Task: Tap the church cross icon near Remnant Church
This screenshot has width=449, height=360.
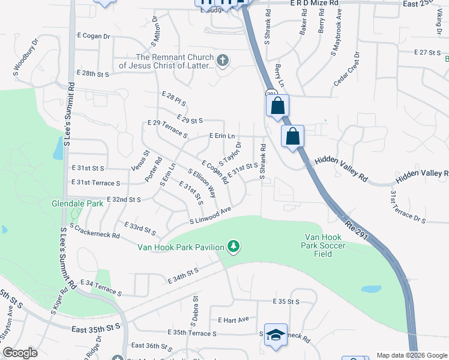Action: coord(223,60)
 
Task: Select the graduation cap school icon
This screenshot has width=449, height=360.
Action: coord(276,335)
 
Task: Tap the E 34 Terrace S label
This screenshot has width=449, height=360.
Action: coord(100,288)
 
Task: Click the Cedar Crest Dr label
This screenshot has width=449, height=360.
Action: coord(349,68)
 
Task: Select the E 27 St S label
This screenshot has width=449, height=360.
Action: coord(427,53)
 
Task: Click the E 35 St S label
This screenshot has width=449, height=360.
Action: coord(286,301)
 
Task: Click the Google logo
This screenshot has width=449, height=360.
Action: coord(20,353)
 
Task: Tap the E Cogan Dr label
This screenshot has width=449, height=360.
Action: coord(94,37)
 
